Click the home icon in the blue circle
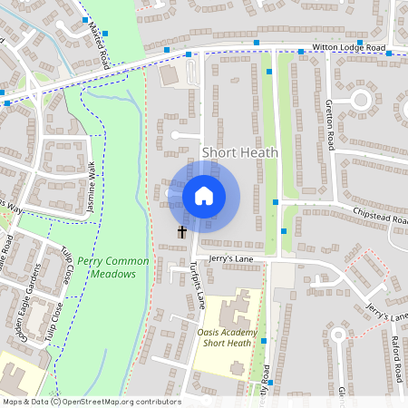pos(204,195)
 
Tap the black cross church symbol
pos(181,232)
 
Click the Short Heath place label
pos(239,152)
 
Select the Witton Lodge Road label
pos(349,47)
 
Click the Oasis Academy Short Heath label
pos(227,338)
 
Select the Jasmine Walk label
pos(92,187)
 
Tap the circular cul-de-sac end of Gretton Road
pos(361,99)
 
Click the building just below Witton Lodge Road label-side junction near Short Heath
pos(170,76)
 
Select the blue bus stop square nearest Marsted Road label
pos(105,34)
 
